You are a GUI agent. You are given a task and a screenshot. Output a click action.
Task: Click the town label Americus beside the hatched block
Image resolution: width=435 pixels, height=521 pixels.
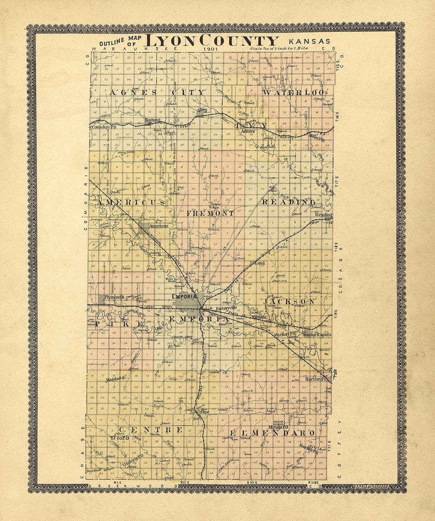[x=159, y=226]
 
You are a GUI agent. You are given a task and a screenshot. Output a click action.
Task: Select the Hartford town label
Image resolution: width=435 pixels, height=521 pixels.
[x=314, y=379]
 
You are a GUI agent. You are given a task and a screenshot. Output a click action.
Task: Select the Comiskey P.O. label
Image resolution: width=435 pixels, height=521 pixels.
[x=104, y=127]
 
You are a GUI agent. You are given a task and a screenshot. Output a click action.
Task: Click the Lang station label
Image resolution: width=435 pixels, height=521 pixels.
[x=260, y=263]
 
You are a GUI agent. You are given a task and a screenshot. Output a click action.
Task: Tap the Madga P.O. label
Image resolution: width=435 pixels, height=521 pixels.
[x=116, y=380]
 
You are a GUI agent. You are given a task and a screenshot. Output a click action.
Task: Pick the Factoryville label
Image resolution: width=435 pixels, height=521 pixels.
[x=225, y=309]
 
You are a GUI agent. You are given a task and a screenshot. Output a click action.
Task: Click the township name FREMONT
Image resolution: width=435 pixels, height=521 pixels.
[x=210, y=214]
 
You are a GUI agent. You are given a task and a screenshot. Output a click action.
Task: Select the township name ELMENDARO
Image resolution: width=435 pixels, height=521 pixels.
[x=272, y=433]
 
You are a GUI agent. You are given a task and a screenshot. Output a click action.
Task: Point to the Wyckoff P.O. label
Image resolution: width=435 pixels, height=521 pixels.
[x=286, y=334]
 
